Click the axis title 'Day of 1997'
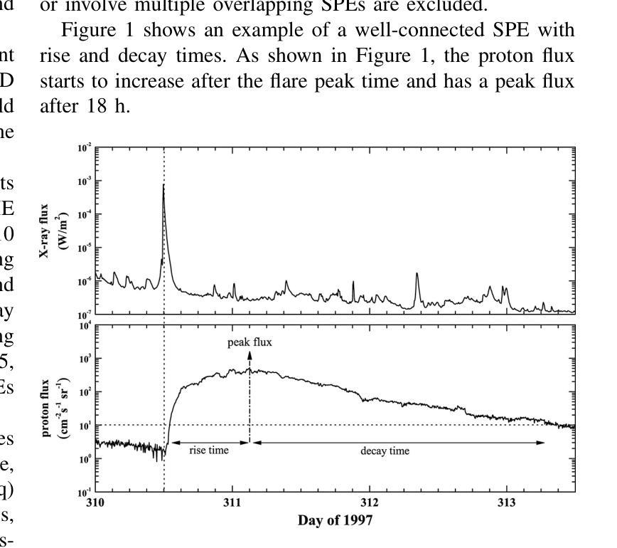coord(335,520)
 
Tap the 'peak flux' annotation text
coord(250,343)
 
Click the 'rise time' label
coord(209,450)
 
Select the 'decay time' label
coord(385,450)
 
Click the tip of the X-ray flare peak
coord(163,184)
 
